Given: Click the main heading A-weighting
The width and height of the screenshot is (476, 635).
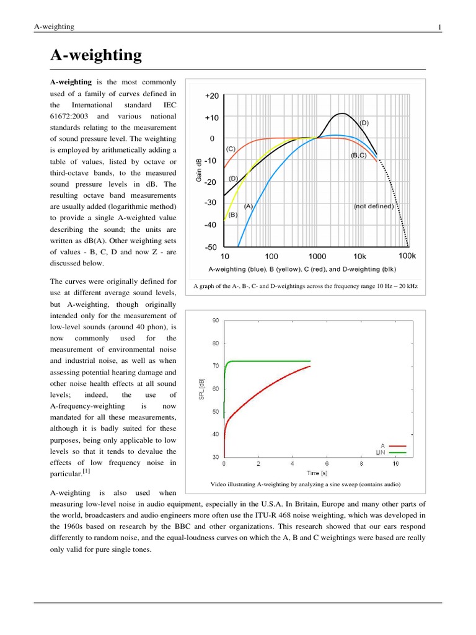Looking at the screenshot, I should [x=95, y=55].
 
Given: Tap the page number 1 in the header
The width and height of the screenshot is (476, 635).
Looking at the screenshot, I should [x=439, y=27].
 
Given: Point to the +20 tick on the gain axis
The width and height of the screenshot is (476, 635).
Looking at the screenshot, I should [x=211, y=96].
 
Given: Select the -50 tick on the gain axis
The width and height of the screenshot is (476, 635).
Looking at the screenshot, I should [x=211, y=247].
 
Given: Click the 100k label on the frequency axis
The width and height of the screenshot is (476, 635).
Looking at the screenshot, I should [x=407, y=255].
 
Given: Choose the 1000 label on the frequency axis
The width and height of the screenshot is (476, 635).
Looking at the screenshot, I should [x=317, y=256].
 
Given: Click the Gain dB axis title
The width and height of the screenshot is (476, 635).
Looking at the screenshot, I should [x=199, y=172].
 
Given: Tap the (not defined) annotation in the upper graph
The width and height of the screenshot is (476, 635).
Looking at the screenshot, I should [x=373, y=206].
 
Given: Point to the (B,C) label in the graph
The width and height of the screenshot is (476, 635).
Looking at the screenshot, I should [x=359, y=155].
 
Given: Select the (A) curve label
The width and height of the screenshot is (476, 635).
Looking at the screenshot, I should [x=248, y=205].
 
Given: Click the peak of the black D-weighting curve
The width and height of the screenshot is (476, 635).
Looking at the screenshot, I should [x=342, y=113].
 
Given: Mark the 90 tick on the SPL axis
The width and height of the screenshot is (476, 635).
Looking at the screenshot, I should [x=215, y=320].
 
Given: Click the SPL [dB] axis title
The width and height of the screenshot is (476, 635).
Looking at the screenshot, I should [x=201, y=389].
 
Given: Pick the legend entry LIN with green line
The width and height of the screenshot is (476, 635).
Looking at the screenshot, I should [x=390, y=453].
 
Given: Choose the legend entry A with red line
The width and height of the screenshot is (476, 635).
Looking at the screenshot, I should [x=390, y=445].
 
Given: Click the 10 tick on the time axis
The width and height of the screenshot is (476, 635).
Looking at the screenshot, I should [x=395, y=463].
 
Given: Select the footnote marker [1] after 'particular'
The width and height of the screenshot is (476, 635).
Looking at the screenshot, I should [x=87, y=471].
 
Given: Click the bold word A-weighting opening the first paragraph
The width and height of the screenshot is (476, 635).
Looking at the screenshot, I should [x=71, y=82].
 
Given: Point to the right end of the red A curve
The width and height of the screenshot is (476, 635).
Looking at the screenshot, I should [x=310, y=366].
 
